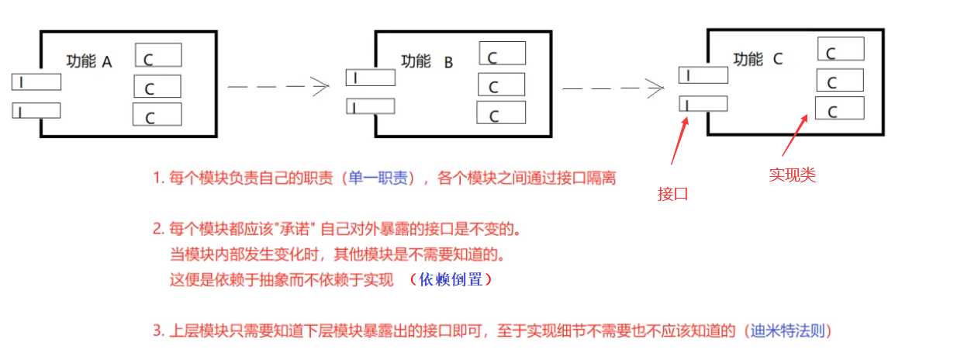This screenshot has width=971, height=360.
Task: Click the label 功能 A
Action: click(89, 61)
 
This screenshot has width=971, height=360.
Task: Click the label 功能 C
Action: click(758, 59)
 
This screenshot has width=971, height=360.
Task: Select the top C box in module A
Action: click(158, 55)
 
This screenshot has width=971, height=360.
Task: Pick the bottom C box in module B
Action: click(501, 113)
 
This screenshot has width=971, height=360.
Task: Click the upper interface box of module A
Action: click(36, 81)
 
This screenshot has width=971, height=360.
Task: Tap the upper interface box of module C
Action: click(703, 75)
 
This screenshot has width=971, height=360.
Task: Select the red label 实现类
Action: click(792, 175)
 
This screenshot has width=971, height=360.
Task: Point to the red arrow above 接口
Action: click(679, 140)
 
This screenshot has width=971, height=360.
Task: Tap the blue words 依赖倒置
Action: click(455, 280)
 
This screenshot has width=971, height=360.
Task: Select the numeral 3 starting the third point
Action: click(157, 331)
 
